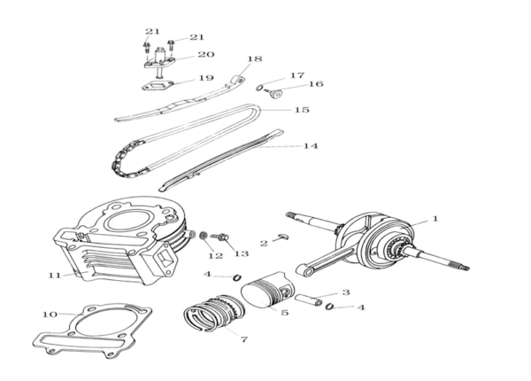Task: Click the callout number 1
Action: [434, 217]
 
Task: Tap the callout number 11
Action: [54, 275]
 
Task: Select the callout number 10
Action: [50, 314]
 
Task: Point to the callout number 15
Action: [302, 110]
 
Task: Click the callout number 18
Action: [255, 59]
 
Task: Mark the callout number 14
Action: [310, 145]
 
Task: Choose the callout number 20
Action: [205, 54]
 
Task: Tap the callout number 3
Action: [345, 292]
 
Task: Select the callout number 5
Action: [285, 312]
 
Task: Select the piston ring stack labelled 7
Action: [212, 317]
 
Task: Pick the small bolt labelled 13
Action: [220, 237]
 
